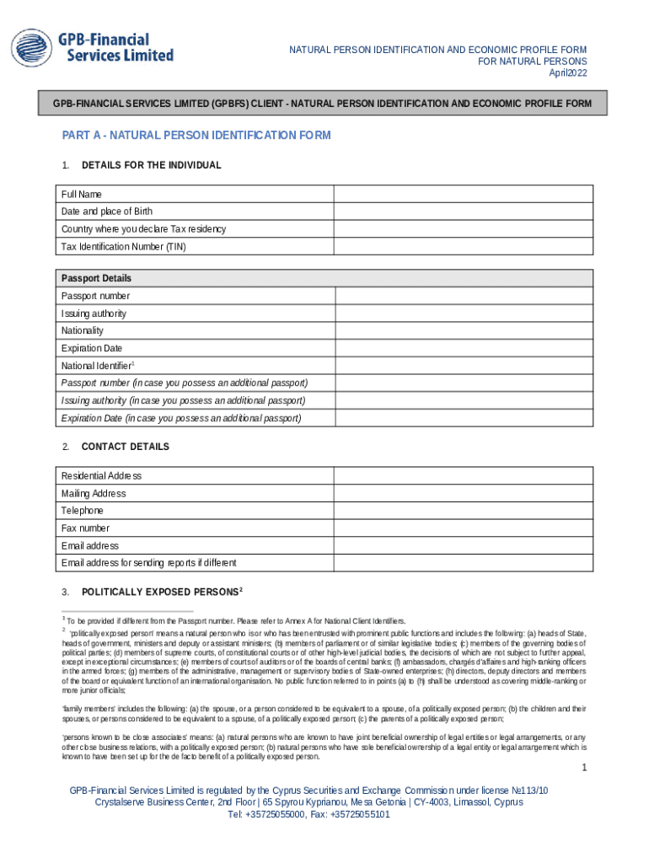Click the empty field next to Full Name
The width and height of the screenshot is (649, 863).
pyautogui.click(x=463, y=194)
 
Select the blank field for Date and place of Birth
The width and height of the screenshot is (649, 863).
pyautogui.click(x=463, y=212)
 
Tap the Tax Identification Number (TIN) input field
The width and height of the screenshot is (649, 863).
pyautogui.click(x=463, y=247)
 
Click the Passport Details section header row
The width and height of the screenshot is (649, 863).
pyautogui.click(x=324, y=278)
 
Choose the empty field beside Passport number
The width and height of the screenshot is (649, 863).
pyautogui.click(x=464, y=296)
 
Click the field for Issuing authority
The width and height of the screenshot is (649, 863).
pyautogui.click(x=464, y=314)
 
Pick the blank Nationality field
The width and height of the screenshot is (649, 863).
pyautogui.click(x=464, y=330)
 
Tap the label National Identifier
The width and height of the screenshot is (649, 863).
pyautogui.click(x=97, y=366)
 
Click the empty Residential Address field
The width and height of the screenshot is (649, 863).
pyautogui.click(x=463, y=475)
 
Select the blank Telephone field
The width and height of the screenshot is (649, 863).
pyautogui.click(x=463, y=511)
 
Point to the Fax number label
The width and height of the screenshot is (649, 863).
pyautogui.click(x=85, y=528)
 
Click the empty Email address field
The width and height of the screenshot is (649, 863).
pyautogui.click(x=463, y=545)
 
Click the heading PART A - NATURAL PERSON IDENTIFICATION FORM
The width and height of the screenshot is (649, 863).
pyautogui.click(x=196, y=136)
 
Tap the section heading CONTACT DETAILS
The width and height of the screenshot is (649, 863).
pyautogui.click(x=125, y=447)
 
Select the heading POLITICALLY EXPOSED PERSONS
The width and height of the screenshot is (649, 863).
pyautogui.click(x=160, y=592)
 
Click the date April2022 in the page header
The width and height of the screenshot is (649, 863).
pyautogui.click(x=567, y=73)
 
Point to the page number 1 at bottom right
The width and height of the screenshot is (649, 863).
pyautogui.click(x=583, y=768)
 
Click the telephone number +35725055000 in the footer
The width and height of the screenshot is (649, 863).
pyautogui.click(x=272, y=815)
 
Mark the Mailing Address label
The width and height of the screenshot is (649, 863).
pyautogui.click(x=94, y=493)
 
